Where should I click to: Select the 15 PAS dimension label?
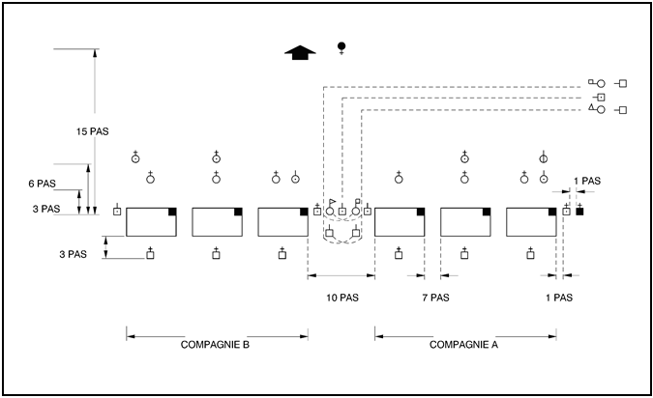coord(92,131)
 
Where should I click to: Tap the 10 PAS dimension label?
coord(341,298)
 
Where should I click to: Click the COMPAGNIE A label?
coord(464,343)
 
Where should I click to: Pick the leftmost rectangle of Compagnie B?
coord(152,221)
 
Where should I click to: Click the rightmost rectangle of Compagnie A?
coord(531,221)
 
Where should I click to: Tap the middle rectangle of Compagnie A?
coord(465,221)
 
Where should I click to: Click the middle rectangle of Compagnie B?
coord(218,221)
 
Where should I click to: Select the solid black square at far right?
coord(579,211)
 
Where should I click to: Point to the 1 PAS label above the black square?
coord(586,181)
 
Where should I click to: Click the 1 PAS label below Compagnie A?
coord(558,298)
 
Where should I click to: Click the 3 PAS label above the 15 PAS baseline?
coord(45,208)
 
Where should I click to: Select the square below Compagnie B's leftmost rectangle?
coord(150,255)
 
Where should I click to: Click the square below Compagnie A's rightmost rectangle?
coord(530,255)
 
